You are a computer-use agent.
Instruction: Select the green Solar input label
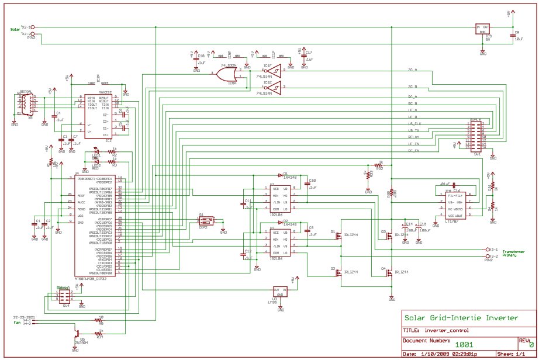pos(15,29)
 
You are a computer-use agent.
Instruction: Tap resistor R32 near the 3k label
pos(379,168)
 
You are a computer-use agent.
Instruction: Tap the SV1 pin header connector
pos(474,136)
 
